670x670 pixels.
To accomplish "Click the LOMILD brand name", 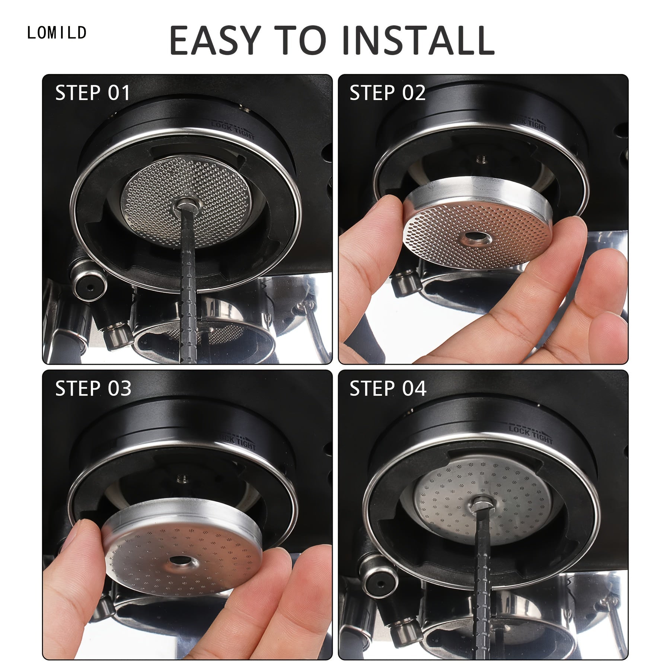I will click(57, 33).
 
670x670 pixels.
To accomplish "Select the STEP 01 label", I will click(93, 93).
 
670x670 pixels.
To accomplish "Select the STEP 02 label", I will click(387, 93).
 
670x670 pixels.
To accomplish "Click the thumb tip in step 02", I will click(387, 208).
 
